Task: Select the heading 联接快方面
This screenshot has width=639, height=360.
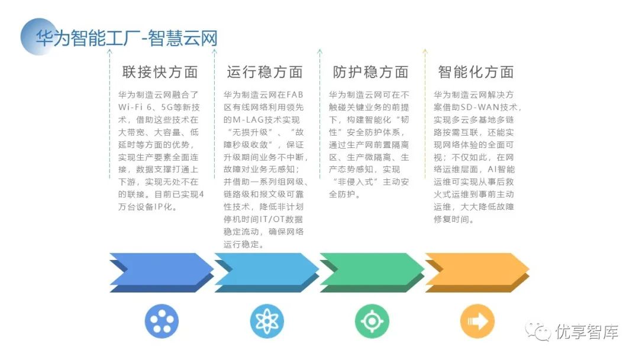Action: (160, 72)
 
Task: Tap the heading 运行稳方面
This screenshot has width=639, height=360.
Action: (264, 72)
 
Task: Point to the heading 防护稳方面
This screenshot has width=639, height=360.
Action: (370, 72)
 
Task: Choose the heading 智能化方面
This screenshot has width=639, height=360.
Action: (476, 72)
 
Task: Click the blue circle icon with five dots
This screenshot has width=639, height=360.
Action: (162, 322)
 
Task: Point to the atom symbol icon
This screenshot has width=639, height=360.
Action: (267, 322)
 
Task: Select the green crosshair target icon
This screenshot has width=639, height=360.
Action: (372, 322)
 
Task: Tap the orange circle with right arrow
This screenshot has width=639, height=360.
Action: (477, 322)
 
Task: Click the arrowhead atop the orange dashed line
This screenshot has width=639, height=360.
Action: (425, 52)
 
